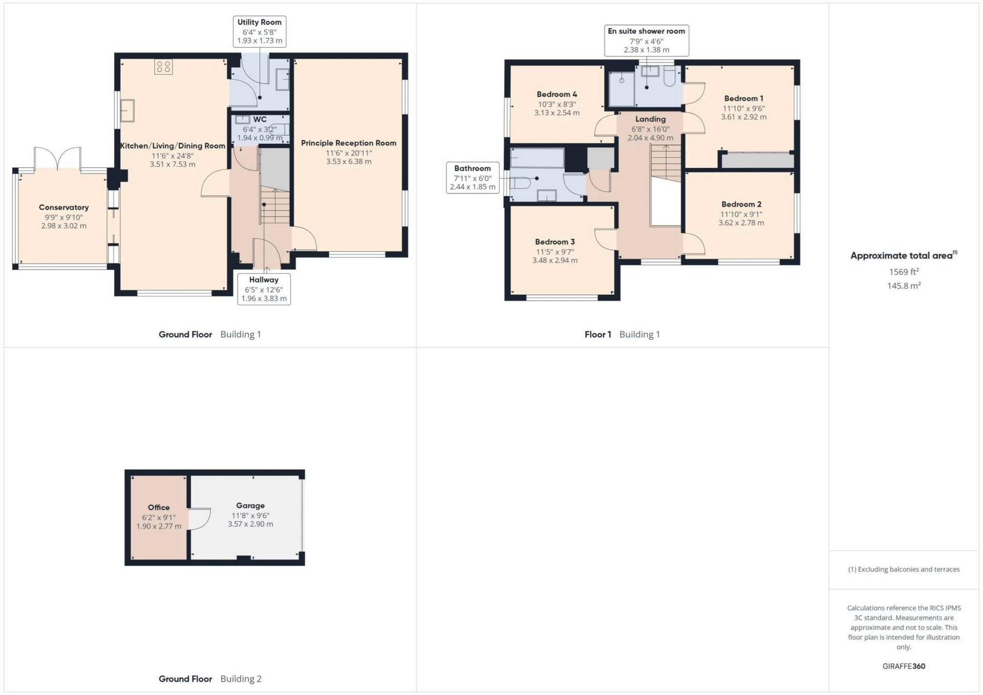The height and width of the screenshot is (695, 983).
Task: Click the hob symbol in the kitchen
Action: (163, 67)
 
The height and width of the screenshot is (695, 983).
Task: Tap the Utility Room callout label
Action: (259, 31)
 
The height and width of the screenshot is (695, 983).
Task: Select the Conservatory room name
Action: (63, 207)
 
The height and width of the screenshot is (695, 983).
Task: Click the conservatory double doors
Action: (57, 158)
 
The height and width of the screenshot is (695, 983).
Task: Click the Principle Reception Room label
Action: (348, 143)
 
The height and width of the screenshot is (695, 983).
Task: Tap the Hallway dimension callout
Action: (264, 289)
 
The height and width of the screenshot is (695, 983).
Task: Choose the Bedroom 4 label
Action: (557, 94)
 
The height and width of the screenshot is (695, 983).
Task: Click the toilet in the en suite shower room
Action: (670, 77)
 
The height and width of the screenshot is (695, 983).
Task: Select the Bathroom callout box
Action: (472, 178)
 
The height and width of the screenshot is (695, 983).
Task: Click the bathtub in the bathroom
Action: (537, 158)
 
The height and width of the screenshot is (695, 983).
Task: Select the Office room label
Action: (158, 507)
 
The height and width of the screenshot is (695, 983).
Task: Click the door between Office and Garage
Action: (200, 518)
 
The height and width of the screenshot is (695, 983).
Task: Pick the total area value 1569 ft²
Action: (904, 272)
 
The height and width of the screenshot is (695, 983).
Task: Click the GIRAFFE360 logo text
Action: (904, 666)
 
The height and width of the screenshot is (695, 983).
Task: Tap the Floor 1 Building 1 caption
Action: (622, 334)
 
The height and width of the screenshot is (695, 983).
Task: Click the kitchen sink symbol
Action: (127, 111)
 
